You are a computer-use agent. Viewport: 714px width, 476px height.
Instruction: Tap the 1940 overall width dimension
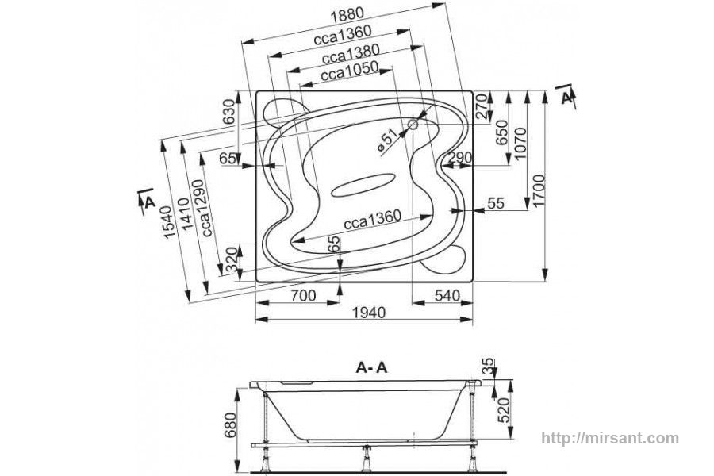(x=369, y=312)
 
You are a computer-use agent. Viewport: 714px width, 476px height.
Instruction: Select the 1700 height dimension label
(x=539, y=191)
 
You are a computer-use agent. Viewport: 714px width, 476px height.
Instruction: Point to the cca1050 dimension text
(x=349, y=71)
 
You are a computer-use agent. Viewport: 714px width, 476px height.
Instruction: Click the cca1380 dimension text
(x=351, y=54)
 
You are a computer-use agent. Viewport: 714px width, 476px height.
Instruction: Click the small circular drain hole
(x=413, y=124)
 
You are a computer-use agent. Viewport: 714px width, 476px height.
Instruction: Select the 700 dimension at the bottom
(x=302, y=296)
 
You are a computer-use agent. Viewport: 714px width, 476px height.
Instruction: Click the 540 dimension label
(x=447, y=296)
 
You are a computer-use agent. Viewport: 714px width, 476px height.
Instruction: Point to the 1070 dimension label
(x=521, y=143)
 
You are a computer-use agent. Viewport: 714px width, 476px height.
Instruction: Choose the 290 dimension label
(x=459, y=158)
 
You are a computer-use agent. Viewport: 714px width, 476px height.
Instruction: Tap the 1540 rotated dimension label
(x=167, y=222)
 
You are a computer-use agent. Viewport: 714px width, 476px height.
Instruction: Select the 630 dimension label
(x=229, y=112)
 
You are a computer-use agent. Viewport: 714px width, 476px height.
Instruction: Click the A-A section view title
(x=371, y=367)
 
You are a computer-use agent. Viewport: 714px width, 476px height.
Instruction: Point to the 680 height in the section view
(x=230, y=424)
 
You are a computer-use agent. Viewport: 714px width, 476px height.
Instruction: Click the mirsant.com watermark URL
(x=610, y=438)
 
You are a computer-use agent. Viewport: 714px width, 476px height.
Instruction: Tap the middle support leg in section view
(x=366, y=459)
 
